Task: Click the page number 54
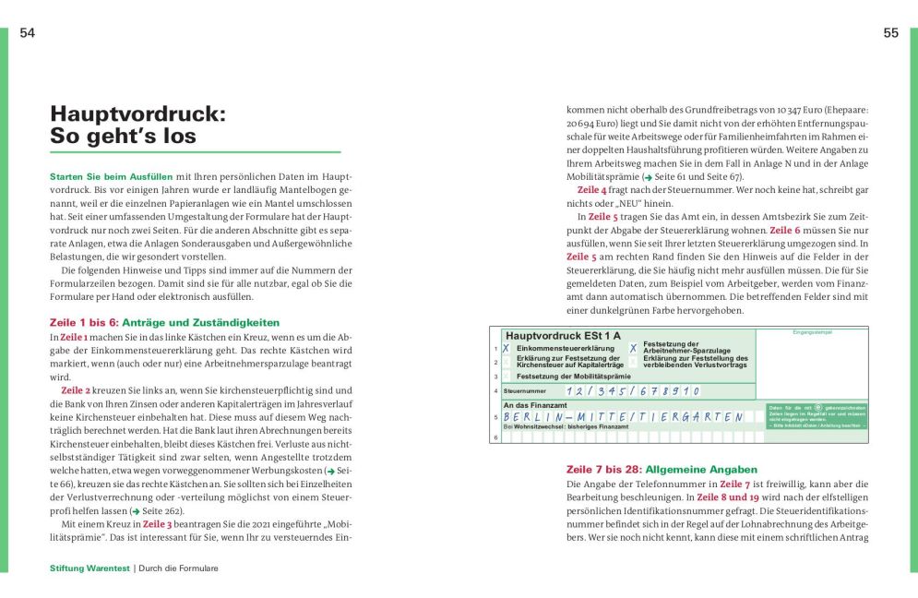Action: [x=28, y=33]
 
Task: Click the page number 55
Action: [x=890, y=33]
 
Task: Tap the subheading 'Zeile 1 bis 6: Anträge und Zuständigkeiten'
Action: [x=163, y=323]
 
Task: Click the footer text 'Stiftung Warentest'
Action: [x=89, y=568]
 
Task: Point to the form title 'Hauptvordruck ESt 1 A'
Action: [x=562, y=335]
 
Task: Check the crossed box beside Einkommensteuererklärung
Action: [x=506, y=349]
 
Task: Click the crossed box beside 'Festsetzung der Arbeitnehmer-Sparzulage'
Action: [x=633, y=349]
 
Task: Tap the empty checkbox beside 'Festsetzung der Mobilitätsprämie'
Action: [x=506, y=377]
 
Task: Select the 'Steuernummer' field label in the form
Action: [x=525, y=391]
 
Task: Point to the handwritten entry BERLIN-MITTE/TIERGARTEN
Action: [x=623, y=416]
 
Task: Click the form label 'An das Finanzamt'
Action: [x=535, y=405]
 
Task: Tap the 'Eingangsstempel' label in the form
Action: [x=812, y=331]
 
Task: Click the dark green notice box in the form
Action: [x=817, y=416]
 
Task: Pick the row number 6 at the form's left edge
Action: [x=495, y=437]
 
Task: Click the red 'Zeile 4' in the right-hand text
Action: [x=591, y=190]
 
